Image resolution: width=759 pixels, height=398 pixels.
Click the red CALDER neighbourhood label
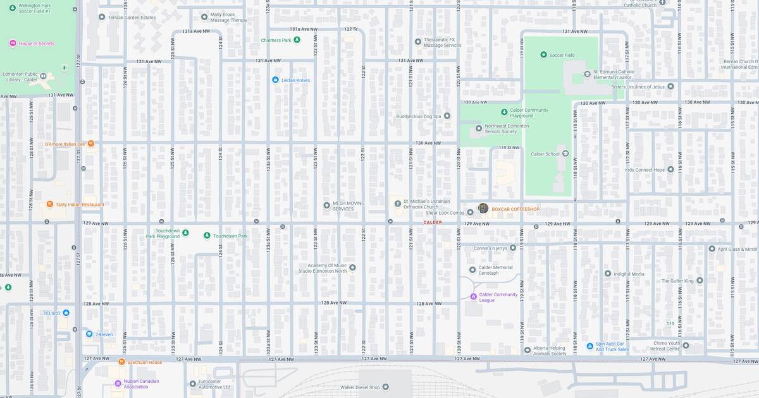tap(433, 222)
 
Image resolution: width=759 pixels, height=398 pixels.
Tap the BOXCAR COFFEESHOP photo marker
tap(483, 208)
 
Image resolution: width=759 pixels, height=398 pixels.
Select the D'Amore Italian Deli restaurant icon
tap(91, 144)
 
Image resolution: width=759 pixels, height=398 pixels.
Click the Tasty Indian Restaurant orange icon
tap(50, 204)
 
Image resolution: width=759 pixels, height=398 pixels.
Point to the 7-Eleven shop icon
tap(89, 334)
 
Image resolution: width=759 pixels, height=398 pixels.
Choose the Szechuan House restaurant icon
tap(121, 362)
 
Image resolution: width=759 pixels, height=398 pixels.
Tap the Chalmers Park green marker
tap(297, 40)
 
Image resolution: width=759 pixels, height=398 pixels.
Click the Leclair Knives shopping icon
tap(275, 80)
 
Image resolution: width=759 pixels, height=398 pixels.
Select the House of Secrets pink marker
tap(13, 44)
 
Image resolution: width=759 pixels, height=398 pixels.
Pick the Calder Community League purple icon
tap(473, 296)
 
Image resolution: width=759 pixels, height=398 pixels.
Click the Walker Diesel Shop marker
tap(386, 387)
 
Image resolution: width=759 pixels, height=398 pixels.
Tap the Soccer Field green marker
tap(543, 55)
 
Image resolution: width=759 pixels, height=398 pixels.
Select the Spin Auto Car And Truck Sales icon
tap(589, 346)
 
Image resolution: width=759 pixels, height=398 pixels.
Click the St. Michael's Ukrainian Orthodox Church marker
tap(398, 203)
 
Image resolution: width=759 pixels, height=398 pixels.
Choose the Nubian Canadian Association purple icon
tap(118, 383)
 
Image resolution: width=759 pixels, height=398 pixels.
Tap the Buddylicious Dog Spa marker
tap(447, 116)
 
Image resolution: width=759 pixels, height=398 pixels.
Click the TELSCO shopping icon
tap(66, 313)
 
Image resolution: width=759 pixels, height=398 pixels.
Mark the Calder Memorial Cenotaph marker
tap(472, 270)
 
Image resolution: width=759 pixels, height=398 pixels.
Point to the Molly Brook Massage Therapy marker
tap(204, 17)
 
